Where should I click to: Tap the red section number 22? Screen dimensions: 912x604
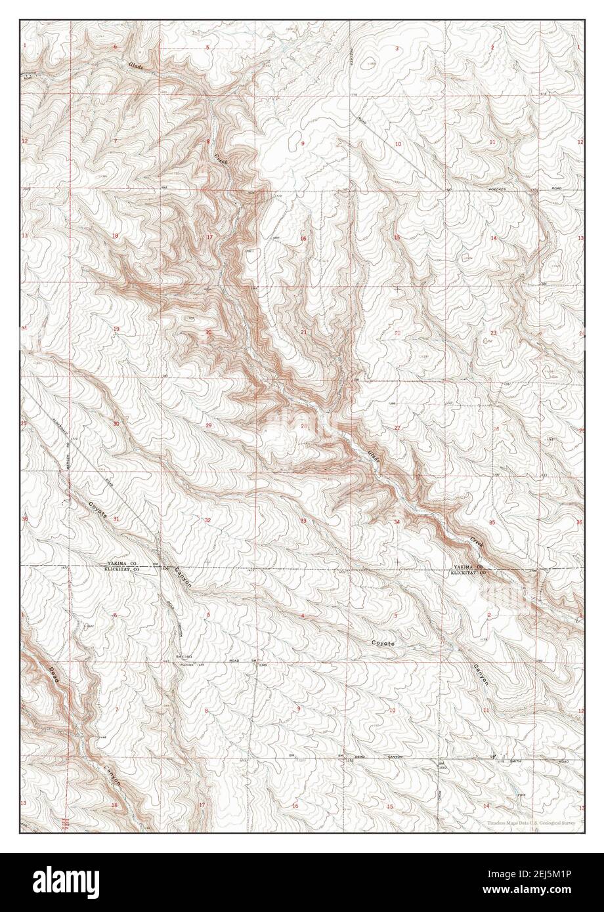[x=397, y=333]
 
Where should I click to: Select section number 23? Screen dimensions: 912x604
[x=493, y=333]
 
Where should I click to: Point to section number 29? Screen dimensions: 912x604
[x=209, y=426]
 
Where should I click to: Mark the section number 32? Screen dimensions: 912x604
[x=207, y=520]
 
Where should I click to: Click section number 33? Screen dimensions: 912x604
[x=303, y=521]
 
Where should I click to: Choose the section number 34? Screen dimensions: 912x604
[x=397, y=522]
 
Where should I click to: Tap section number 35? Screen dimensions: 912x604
[x=492, y=522]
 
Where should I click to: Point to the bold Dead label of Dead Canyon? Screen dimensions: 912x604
[x=54, y=676]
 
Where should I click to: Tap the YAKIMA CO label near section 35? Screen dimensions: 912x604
[x=468, y=567]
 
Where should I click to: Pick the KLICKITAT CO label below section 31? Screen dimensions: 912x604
[x=122, y=571]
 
